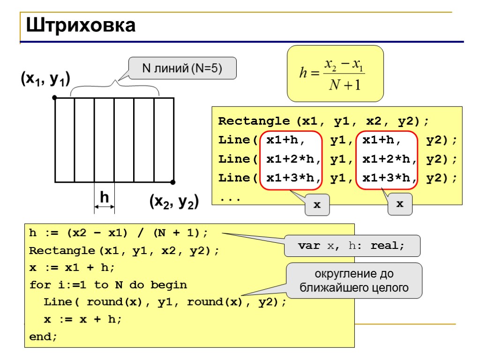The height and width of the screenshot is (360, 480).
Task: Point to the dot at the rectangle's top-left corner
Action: click(55, 97)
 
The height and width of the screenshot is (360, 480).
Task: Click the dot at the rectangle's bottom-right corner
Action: click(173, 182)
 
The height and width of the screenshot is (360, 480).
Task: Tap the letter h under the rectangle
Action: click(105, 197)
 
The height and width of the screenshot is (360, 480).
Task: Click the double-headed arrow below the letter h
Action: click(105, 207)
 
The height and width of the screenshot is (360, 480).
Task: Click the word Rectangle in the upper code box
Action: click(255, 121)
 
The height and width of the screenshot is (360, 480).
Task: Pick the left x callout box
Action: click(317, 205)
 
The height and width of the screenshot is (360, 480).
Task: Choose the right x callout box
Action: click(400, 204)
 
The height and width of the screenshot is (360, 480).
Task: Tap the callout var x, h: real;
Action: click(351, 246)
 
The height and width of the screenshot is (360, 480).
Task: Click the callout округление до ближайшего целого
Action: click(353, 280)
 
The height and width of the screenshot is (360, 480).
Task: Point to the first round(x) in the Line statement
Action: click(116, 302)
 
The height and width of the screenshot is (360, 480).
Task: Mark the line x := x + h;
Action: click(82, 319)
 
